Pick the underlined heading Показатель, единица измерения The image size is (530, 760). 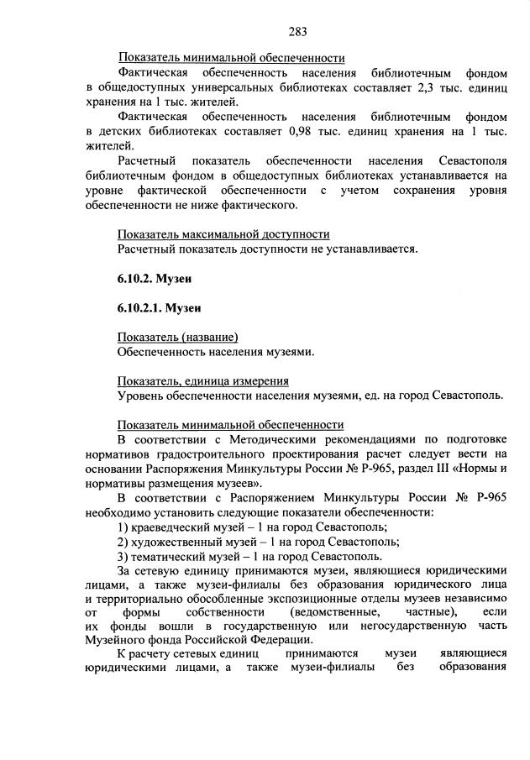(x=203, y=380)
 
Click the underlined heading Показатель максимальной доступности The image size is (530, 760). (x=223, y=234)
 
